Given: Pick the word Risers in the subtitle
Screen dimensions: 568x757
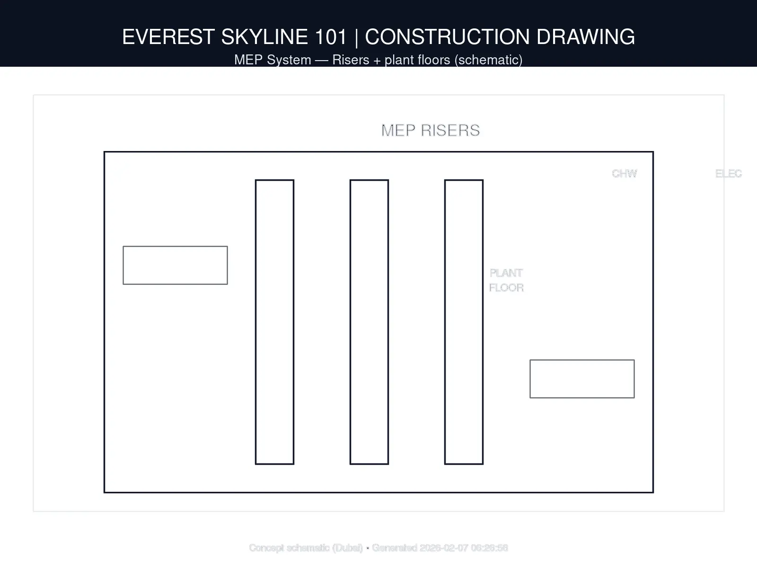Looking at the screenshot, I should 351,60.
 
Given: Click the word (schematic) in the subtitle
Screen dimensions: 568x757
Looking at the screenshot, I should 488,60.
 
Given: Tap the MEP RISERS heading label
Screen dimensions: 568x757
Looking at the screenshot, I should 431,130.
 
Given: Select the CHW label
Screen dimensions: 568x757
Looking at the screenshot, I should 624,174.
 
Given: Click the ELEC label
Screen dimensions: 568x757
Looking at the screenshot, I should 728,174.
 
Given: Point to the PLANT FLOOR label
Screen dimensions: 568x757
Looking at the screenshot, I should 506,280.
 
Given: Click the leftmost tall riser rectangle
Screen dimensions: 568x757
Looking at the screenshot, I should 274,322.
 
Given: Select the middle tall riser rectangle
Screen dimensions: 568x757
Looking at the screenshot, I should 369,322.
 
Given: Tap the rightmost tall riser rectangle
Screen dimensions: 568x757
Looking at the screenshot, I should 464,322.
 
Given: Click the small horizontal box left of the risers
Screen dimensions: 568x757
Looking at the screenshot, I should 175,265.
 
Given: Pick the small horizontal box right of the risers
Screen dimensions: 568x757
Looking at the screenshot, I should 582,379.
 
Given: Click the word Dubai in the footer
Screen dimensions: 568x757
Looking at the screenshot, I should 347,548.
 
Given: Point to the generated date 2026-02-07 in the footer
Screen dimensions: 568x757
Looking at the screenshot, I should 444,548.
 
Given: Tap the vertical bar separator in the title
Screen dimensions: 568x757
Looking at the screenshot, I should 356,37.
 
